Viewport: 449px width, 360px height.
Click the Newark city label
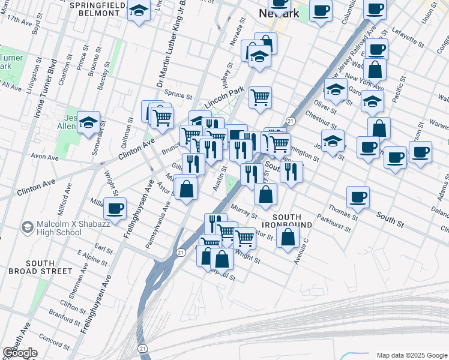(x=279, y=13)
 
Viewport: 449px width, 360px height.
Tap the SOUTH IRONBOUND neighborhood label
(x=292, y=220)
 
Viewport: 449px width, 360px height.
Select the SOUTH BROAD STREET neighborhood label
(x=49, y=267)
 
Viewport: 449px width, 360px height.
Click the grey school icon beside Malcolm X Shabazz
(x=27, y=227)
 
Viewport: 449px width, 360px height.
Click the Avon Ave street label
(x=44, y=157)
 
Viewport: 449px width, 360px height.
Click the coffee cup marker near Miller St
(x=115, y=208)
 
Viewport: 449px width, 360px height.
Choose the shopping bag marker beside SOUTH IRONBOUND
(x=288, y=236)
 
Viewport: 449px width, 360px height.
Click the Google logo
(x=20, y=353)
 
